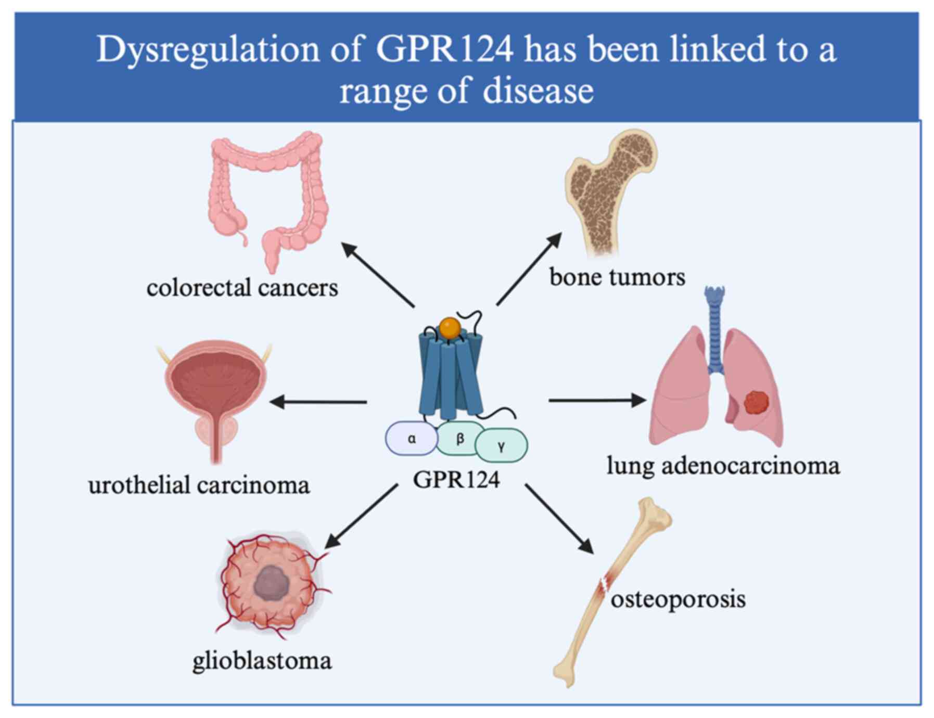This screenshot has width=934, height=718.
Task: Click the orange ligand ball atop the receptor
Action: coord(449,328)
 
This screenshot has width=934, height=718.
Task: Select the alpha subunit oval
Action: coord(412,439)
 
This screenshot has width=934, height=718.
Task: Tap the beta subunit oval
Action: coord(459,439)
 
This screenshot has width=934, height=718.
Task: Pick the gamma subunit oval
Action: coord(501,445)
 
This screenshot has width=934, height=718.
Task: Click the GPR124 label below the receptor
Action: coord(456,480)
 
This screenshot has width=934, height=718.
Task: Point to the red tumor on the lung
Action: coord(756,403)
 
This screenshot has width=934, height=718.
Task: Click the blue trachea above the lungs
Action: coord(715,328)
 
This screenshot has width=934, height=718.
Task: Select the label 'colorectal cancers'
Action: coord(242,288)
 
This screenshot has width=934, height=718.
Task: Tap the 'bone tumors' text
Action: coord(617,277)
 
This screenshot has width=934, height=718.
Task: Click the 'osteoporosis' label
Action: coord(678,599)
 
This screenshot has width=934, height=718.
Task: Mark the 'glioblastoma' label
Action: coord(262,661)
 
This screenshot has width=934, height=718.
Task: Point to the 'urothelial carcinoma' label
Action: coord(199,485)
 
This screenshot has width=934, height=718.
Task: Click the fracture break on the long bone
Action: coord(605,585)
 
